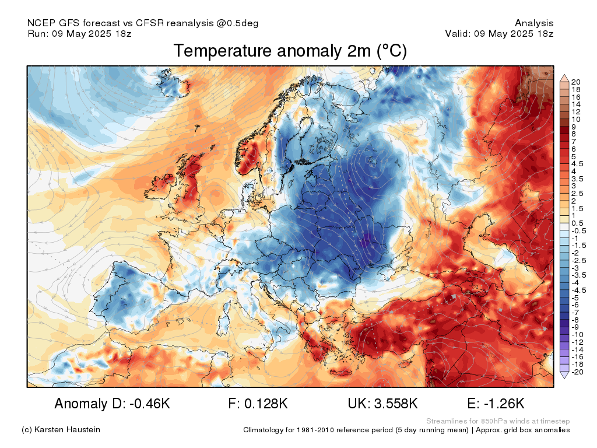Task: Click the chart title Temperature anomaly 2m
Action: pyautogui.click(x=272, y=51)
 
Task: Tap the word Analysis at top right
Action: pyautogui.click(x=534, y=23)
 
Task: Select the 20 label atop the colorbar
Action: pyautogui.click(x=575, y=82)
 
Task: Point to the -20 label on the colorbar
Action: pyautogui.click(x=577, y=372)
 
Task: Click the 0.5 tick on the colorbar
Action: pyautogui.click(x=577, y=223)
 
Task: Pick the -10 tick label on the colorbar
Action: pyautogui.click(x=577, y=335)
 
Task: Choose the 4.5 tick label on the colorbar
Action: pyautogui.click(x=577, y=164)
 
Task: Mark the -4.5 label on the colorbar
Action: pyautogui.click(x=579, y=290)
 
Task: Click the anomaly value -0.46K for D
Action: pyautogui.click(x=150, y=404)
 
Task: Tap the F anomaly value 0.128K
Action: pyautogui.click(x=266, y=404)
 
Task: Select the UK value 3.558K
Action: pyautogui.click(x=396, y=404)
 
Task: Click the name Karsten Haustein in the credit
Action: pyautogui.click(x=67, y=430)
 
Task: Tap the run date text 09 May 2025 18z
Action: pyautogui.click(x=92, y=33)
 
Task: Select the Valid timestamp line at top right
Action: pyautogui.click(x=500, y=33)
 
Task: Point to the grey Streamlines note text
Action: pyautogui.click(x=498, y=421)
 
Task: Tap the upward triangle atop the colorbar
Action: pyautogui.click(x=564, y=79)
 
